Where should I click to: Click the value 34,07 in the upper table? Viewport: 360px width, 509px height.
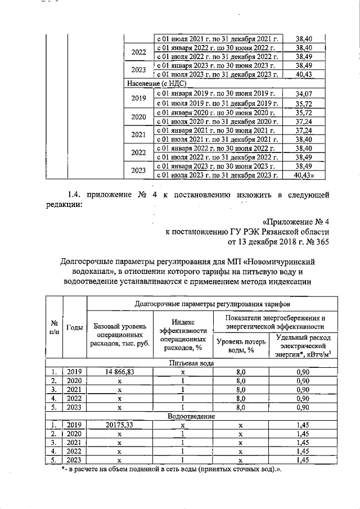point(304,93)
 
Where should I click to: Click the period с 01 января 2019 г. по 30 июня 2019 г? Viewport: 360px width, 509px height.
point(217,93)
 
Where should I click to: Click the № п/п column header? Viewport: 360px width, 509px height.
point(55,328)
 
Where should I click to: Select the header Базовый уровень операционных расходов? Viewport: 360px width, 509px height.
point(120,335)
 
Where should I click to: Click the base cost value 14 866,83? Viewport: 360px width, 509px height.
point(120,372)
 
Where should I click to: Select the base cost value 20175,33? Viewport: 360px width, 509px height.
point(120,426)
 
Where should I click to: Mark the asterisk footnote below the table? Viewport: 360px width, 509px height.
point(172,470)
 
